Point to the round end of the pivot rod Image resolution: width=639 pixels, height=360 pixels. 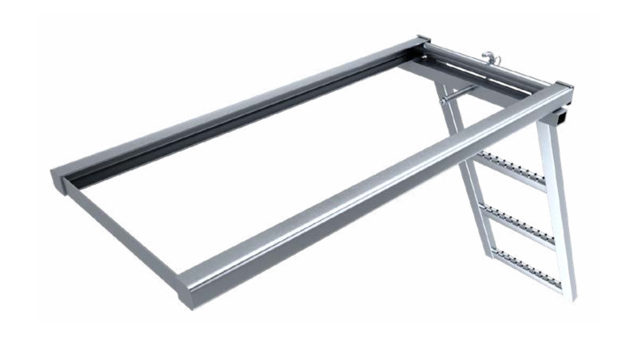click(x=442, y=103)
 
